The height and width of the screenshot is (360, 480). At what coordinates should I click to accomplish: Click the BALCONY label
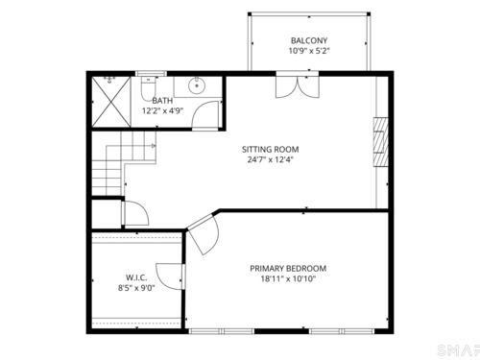tap(309, 40)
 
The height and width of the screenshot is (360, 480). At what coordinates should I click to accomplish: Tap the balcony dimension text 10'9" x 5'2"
tap(309, 51)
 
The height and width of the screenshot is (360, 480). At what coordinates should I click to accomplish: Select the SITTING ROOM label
tap(271, 150)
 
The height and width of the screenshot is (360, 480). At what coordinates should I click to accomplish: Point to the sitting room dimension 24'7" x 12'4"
tap(271, 159)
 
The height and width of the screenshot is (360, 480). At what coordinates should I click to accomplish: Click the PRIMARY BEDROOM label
tap(288, 269)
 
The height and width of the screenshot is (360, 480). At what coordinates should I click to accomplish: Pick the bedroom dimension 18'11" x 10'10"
tap(288, 278)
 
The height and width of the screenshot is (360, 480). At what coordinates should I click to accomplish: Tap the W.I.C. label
tap(136, 277)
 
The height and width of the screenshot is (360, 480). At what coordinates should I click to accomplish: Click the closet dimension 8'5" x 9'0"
tap(136, 288)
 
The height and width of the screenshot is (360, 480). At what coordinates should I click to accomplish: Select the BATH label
tap(162, 101)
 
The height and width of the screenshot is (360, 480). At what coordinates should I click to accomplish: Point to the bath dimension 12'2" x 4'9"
tap(162, 111)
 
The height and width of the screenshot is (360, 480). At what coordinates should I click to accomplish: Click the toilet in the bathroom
tap(148, 87)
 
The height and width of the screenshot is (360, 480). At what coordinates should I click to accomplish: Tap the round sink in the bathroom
tap(197, 85)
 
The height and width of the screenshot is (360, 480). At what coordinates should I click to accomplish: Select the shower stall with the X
tap(111, 102)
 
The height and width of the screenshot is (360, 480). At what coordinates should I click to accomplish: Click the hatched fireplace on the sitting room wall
tap(381, 142)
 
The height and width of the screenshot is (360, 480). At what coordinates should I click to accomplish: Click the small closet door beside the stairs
tap(136, 213)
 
